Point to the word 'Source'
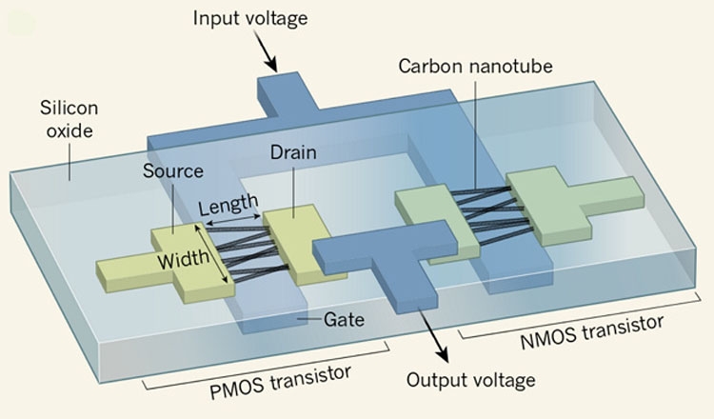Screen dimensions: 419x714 [172, 171]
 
